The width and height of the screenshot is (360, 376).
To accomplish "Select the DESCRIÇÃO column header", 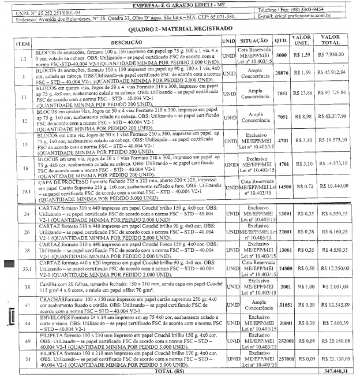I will point(123,43).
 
